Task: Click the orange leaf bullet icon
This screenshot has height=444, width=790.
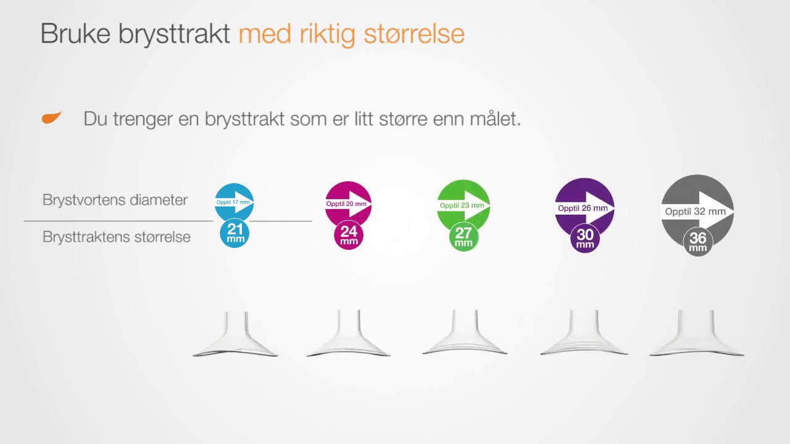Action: [51, 118]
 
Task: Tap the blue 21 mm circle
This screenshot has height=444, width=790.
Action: [235, 233]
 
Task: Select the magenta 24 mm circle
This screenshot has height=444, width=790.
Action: [349, 235]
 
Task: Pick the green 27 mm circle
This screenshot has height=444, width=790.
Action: [464, 237]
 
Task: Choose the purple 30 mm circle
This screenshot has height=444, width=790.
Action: [584, 239]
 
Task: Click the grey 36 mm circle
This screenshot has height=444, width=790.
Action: [698, 242]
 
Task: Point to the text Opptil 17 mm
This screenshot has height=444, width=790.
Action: [233, 202]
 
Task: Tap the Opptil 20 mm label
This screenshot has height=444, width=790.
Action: [346, 203]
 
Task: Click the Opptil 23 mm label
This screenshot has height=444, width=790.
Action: [462, 205]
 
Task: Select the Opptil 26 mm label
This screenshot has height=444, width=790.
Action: [583, 208]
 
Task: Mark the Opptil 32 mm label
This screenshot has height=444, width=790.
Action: [695, 212]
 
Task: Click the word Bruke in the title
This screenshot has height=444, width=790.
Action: [75, 33]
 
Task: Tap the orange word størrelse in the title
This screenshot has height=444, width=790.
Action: [414, 34]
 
